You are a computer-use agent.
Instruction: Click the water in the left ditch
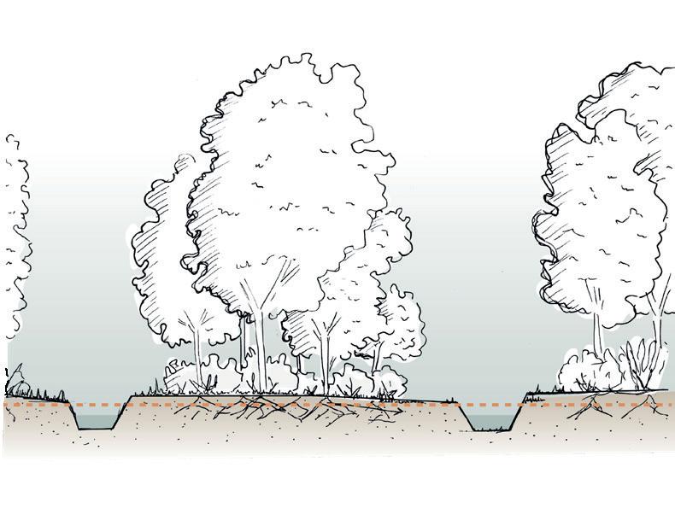(100, 420)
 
